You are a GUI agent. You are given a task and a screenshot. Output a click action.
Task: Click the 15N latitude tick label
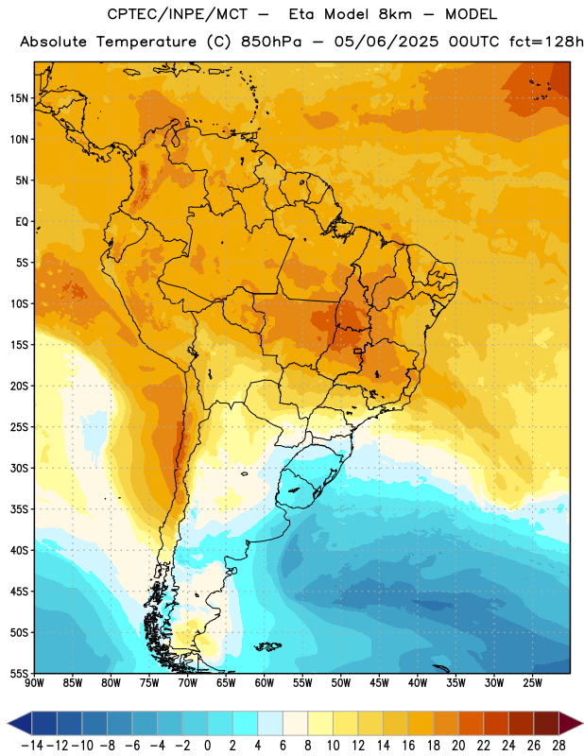(19, 98)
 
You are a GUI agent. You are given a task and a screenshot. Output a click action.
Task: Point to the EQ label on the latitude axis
(22, 222)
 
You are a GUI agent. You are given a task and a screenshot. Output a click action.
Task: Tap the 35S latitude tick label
(19, 509)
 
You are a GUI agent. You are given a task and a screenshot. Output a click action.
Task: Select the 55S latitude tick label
(19, 673)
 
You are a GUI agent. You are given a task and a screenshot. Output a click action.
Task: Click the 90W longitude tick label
(34, 683)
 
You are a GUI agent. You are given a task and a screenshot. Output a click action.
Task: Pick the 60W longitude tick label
(265, 683)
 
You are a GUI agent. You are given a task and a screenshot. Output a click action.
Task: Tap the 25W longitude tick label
(532, 683)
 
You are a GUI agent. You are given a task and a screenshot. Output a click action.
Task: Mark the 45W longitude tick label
(379, 683)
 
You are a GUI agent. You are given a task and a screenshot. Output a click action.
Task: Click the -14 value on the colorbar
(32, 746)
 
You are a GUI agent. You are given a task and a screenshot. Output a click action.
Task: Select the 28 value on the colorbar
(558, 746)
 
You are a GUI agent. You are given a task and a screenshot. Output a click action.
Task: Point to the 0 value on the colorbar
(207, 746)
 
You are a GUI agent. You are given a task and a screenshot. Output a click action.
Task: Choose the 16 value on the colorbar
(408, 746)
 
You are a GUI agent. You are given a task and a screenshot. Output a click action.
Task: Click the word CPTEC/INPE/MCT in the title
(178, 14)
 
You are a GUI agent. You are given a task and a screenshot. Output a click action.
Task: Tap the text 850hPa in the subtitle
(271, 42)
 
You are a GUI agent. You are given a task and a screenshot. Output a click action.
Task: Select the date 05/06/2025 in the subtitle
(386, 42)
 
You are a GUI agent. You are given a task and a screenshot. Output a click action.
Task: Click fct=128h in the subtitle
(546, 42)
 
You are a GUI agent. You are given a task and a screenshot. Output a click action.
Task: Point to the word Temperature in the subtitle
(146, 42)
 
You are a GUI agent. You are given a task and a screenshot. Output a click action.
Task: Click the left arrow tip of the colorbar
(8, 724)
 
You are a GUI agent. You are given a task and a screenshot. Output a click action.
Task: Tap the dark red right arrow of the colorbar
(571, 724)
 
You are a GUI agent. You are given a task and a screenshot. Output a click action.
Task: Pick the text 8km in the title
(395, 14)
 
